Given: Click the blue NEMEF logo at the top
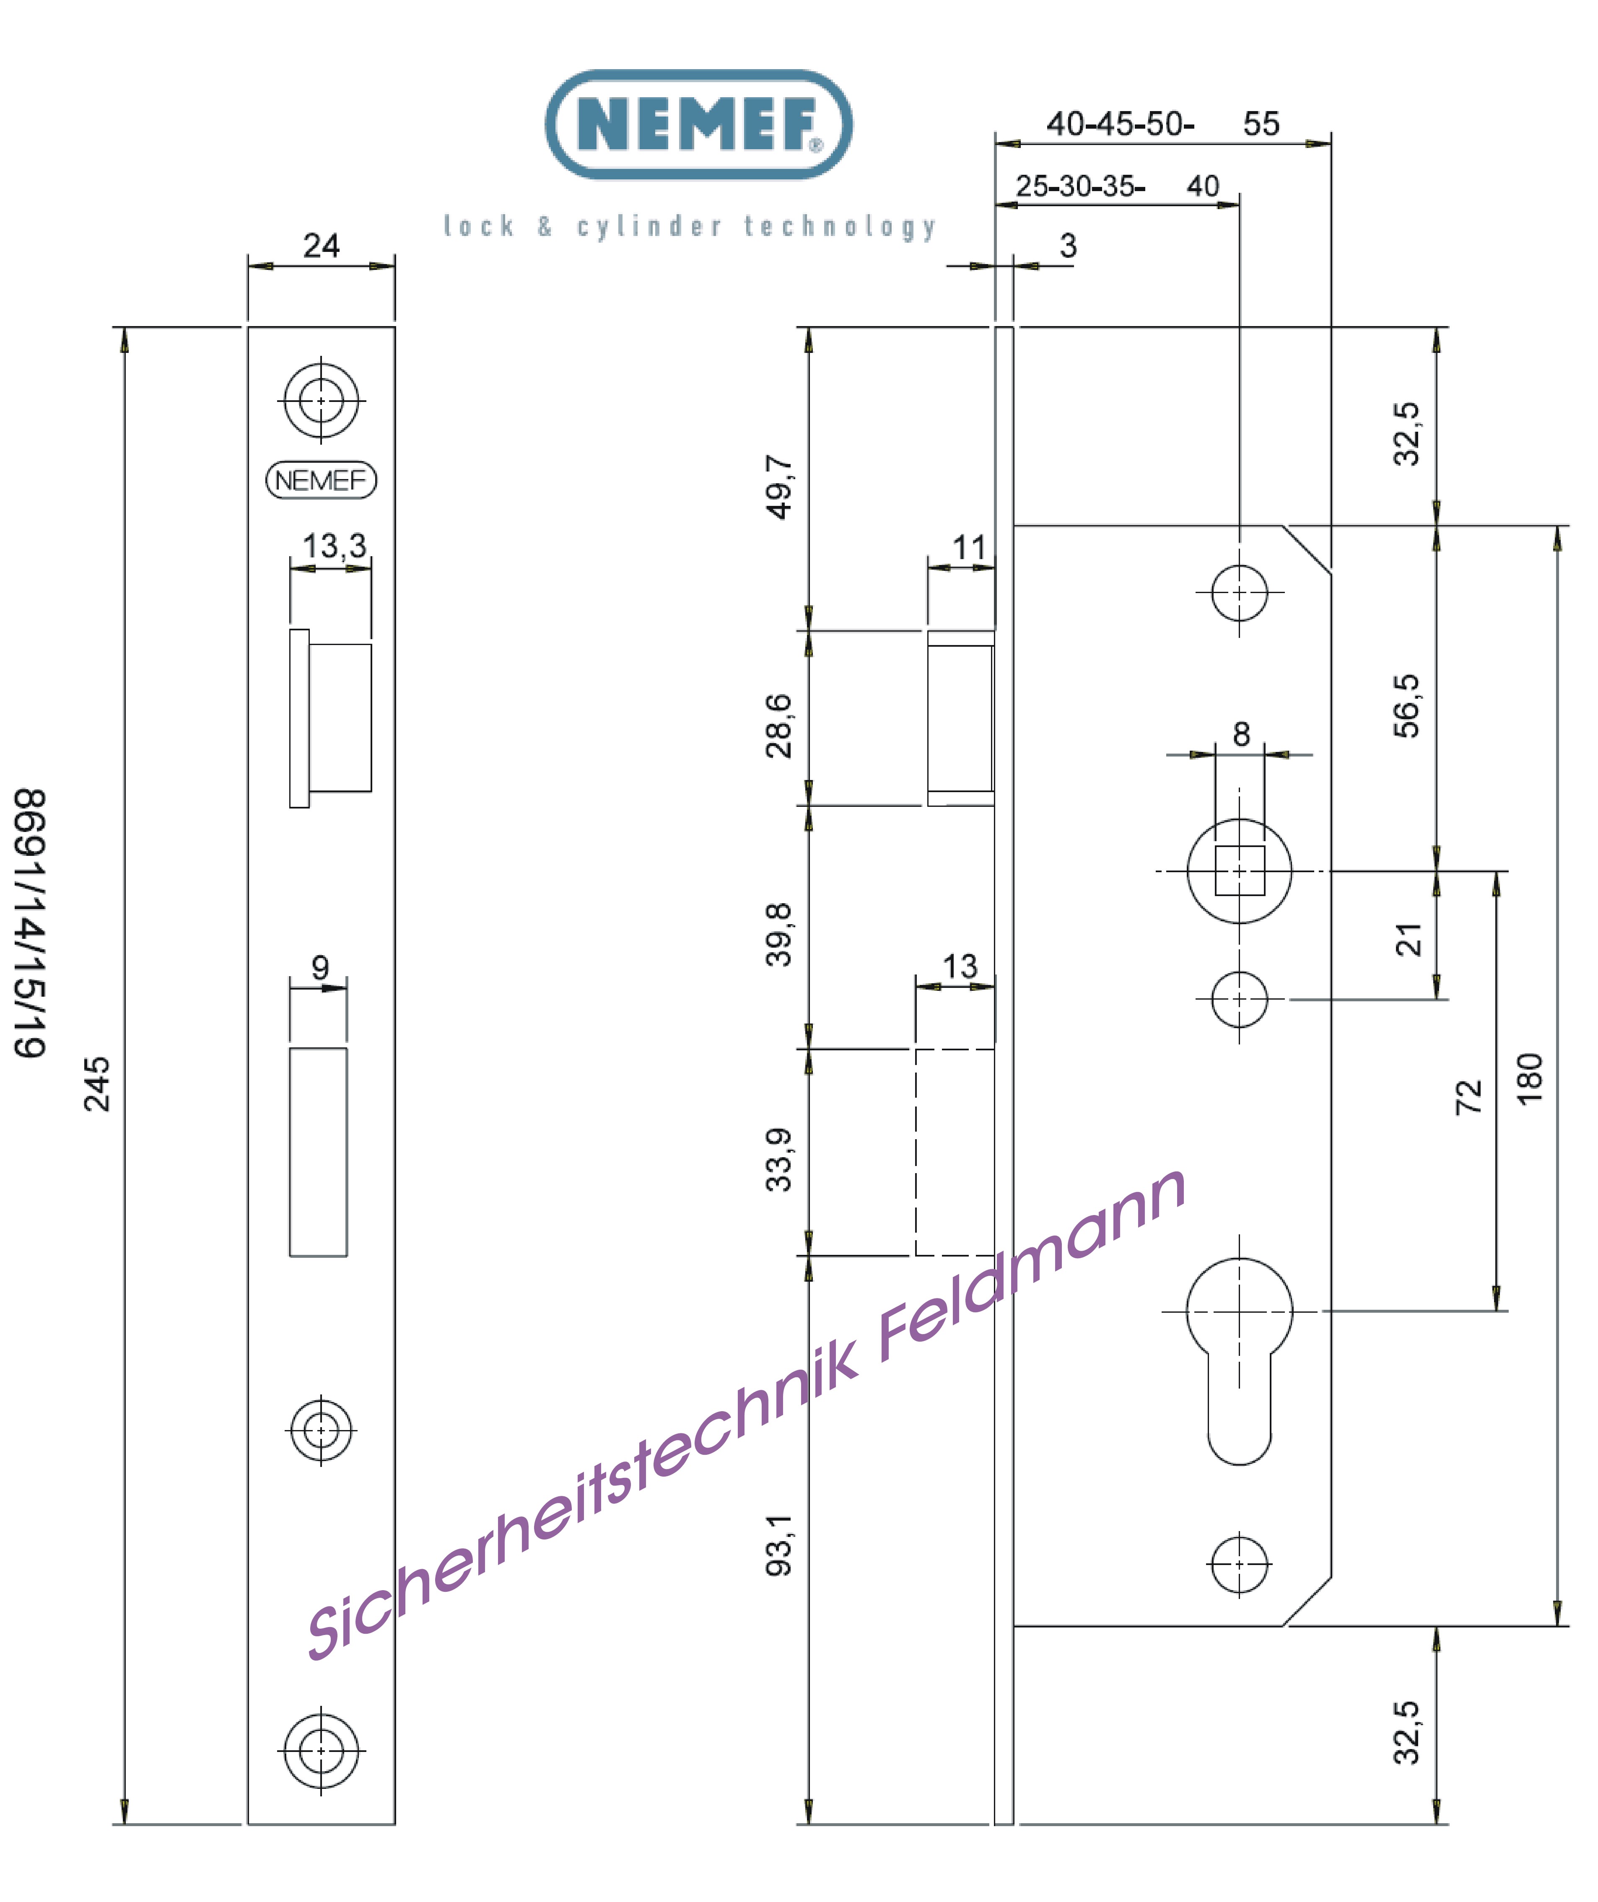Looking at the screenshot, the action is (x=698, y=124).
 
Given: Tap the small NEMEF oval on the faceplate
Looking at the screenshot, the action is (x=321, y=480).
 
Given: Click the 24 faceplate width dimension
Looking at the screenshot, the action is (x=321, y=246).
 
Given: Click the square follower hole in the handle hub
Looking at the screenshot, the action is (x=1239, y=871).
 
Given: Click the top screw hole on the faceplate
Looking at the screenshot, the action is (x=321, y=399).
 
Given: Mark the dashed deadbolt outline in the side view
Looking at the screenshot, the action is (x=954, y=1152).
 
